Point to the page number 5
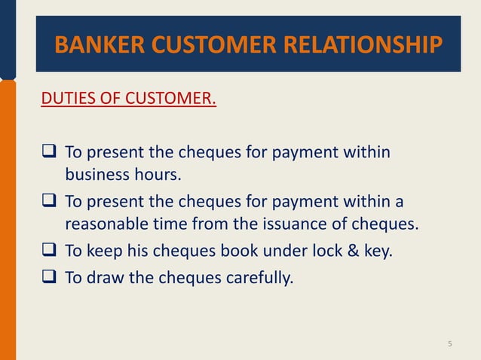tap(450, 344)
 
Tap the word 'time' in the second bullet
tap(168, 224)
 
